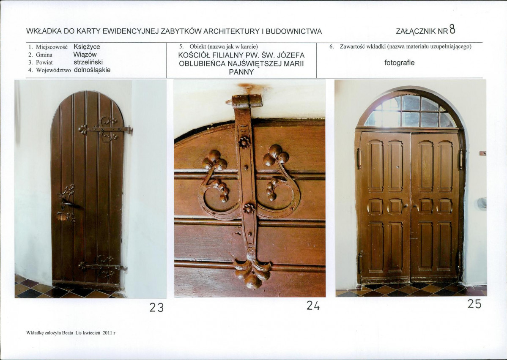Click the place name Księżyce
pos(87,47)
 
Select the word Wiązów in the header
pos(85,55)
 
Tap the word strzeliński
pos(88,62)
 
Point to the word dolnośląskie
pos(93,70)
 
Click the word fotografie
pos(399,63)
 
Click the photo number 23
pos(156,307)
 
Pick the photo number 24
pos(313,305)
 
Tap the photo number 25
pos(474,304)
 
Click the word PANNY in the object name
pos(241,72)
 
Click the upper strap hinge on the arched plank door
pos(105,130)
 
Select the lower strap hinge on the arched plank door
pos(103,267)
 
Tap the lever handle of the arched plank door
pos(68,203)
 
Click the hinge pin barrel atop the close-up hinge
pos(248,101)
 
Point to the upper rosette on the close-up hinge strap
pos(244,142)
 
